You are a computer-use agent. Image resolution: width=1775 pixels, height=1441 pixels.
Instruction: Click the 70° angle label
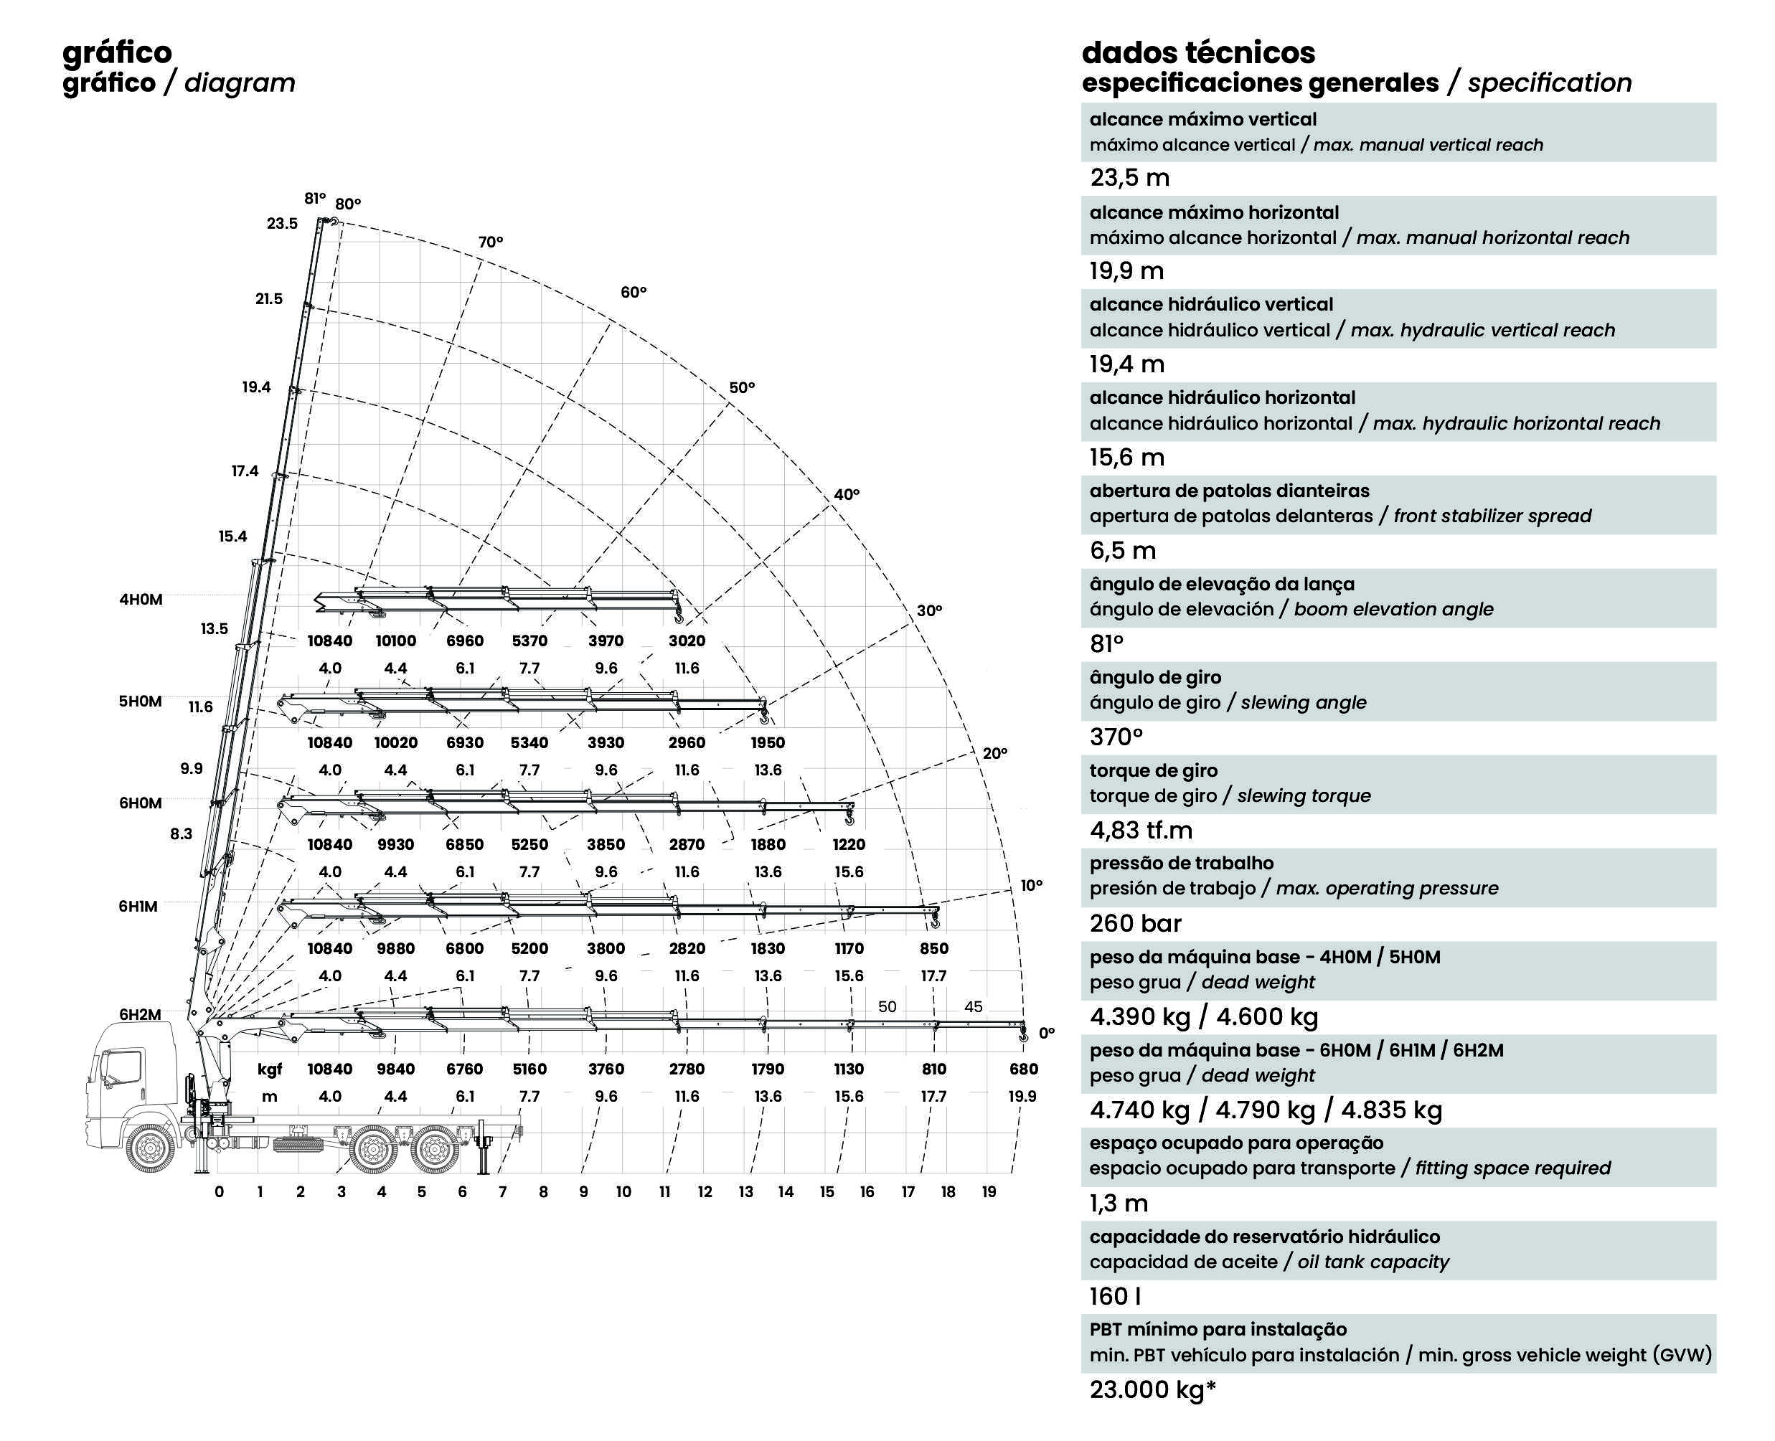pyautogui.click(x=490, y=242)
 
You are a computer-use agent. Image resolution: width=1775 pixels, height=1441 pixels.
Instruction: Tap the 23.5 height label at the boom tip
pyautogui.click(x=281, y=223)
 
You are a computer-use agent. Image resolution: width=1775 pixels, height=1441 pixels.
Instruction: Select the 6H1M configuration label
pyautogui.click(x=138, y=907)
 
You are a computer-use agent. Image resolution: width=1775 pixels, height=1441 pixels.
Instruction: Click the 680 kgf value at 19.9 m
pyautogui.click(x=1023, y=1069)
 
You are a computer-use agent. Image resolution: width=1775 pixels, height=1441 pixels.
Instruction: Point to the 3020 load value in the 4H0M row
pyautogui.click(x=687, y=641)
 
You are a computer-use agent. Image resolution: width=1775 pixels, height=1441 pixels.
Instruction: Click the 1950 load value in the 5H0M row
pyautogui.click(x=767, y=743)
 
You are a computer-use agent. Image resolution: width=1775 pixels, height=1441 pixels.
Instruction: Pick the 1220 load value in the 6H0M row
pyautogui.click(x=849, y=844)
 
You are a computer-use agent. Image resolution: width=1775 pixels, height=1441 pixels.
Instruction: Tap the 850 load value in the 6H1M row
pyautogui.click(x=934, y=948)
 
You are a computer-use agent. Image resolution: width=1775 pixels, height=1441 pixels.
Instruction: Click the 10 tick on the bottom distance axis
pyautogui.click(x=623, y=1192)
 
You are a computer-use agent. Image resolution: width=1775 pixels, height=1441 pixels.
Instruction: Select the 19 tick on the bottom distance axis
pyautogui.click(x=988, y=1192)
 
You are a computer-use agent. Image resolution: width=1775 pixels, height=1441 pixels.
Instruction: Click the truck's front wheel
pyautogui.click(x=151, y=1149)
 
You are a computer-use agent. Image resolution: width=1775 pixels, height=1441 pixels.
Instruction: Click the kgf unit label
pyautogui.click(x=270, y=1069)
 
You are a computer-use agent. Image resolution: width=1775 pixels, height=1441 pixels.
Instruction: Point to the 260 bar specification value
pyautogui.click(x=1135, y=923)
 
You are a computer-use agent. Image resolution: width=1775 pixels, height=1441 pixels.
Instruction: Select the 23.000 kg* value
pyautogui.click(x=1152, y=1389)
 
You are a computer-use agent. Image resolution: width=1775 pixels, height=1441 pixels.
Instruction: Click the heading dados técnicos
pyautogui.click(x=1198, y=52)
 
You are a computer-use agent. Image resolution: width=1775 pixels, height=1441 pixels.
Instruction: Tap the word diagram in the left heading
pyautogui.click(x=239, y=83)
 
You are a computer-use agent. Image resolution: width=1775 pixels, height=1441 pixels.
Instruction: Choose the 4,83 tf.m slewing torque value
pyautogui.click(x=1141, y=830)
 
